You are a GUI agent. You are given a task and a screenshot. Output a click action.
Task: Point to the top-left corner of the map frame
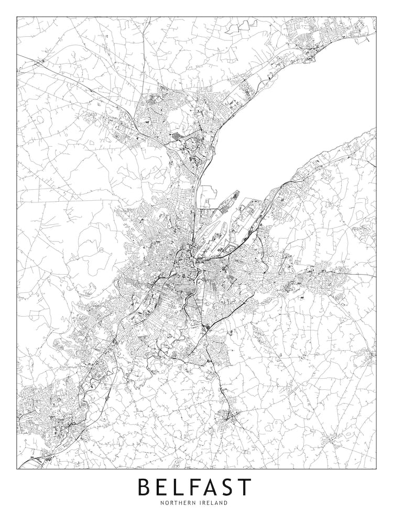point(17,17)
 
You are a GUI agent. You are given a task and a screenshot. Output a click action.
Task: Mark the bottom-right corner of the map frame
point(376,468)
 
